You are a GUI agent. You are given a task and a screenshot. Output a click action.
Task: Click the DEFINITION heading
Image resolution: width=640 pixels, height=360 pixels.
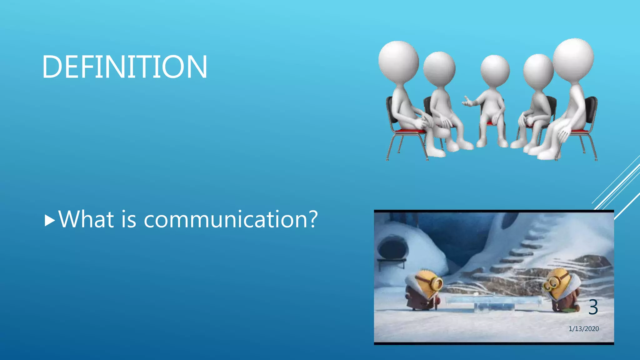(124, 67)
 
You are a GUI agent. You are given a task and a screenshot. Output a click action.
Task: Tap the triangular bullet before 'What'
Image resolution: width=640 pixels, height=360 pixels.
(50, 220)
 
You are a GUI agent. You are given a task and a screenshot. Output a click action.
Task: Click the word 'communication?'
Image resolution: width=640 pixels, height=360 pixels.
(231, 219)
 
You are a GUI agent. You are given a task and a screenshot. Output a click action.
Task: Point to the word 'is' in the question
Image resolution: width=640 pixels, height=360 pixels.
(129, 219)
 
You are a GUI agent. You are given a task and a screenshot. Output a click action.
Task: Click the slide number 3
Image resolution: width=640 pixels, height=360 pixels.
(593, 307)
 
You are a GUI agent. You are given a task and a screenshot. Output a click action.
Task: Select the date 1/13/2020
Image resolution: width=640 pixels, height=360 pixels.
(583, 329)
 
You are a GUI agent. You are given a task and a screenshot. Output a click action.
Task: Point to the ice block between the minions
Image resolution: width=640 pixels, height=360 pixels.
(494, 303)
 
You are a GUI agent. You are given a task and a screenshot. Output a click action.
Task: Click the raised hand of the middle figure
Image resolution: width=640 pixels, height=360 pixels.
(467, 102)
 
